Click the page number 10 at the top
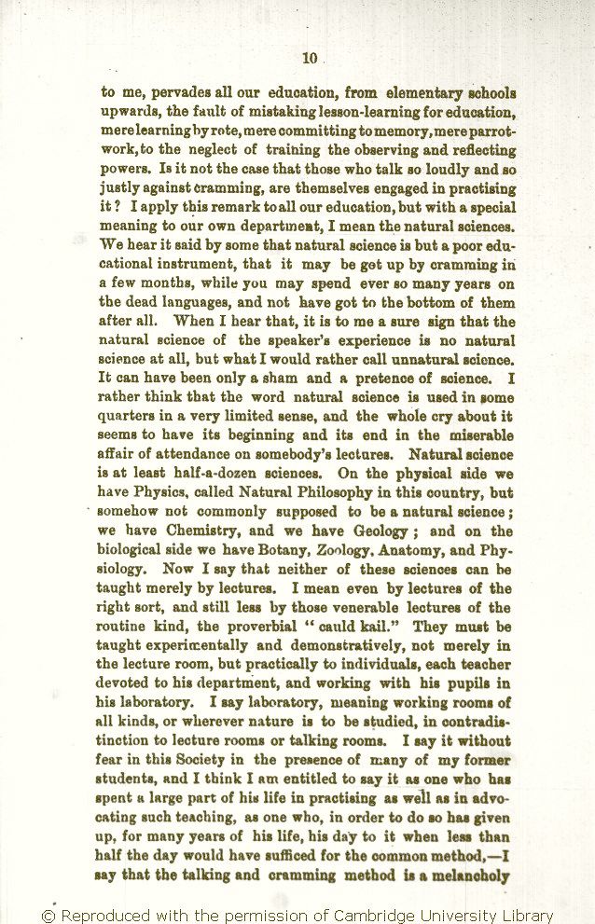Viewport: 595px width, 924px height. (x=310, y=58)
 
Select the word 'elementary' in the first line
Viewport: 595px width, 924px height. (x=405, y=93)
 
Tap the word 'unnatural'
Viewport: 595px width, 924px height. (x=412, y=359)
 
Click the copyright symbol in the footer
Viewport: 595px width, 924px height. (x=48, y=916)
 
